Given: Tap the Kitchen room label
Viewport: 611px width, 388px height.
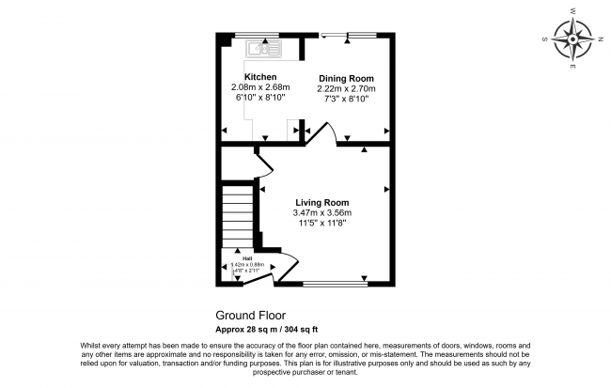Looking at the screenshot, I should click(x=260, y=76).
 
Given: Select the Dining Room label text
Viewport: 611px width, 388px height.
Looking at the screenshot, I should click(x=346, y=78).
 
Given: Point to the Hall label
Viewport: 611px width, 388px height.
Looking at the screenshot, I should click(x=246, y=258).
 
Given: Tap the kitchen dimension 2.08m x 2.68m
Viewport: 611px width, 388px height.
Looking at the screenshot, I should click(x=260, y=87).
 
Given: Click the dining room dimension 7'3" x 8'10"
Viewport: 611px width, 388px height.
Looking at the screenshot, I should click(x=346, y=99).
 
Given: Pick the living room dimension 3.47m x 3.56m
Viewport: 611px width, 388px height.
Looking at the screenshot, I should click(x=322, y=213).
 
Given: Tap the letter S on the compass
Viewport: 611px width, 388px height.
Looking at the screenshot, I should click(x=545, y=40).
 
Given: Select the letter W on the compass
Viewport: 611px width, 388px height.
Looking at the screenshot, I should click(x=573, y=11).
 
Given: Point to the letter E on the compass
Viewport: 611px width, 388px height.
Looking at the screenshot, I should click(x=572, y=70).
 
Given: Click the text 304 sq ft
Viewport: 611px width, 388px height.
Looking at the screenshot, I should click(x=300, y=329).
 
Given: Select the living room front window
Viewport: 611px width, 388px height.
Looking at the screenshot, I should click(x=336, y=282).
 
